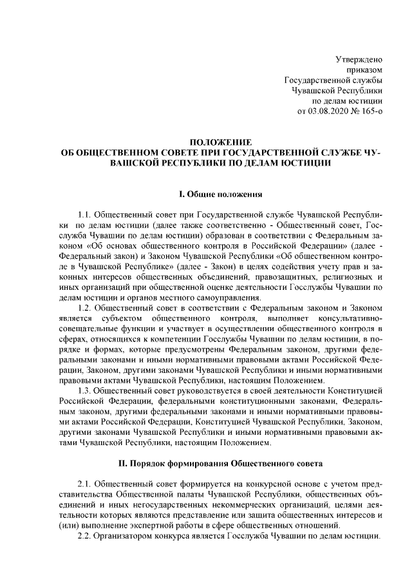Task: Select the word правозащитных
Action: [279, 277]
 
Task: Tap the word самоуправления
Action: [229, 298]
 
